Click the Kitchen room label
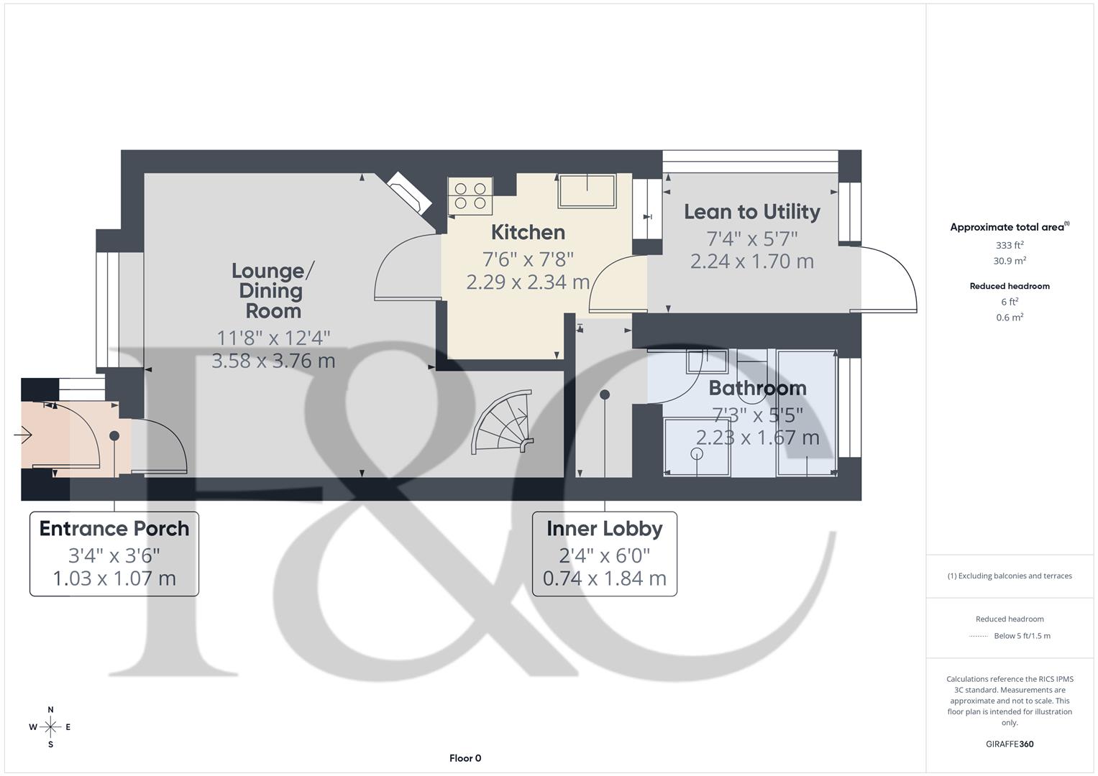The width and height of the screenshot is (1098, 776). [528, 233]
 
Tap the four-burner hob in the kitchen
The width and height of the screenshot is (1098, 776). [470, 196]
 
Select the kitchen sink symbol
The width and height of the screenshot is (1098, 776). [587, 191]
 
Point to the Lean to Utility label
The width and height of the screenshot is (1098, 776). [751, 212]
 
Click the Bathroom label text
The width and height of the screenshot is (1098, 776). [757, 389]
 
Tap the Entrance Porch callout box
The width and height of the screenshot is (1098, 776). [114, 553]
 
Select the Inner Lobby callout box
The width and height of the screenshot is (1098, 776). [604, 553]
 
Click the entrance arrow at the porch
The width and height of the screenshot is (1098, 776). [23, 435]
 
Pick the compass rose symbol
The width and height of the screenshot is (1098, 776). [50, 727]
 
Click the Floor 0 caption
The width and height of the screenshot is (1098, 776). [465, 758]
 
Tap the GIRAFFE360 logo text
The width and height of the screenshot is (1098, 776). [1010, 744]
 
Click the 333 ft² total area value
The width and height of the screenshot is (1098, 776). [1010, 245]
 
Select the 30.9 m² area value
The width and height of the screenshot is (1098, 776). [1010, 261]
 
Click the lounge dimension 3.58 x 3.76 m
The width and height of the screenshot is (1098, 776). [273, 361]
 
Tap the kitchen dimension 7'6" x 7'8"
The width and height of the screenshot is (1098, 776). [528, 259]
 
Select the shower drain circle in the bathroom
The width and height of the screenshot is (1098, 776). [696, 453]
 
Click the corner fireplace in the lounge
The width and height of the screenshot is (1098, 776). [406, 193]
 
